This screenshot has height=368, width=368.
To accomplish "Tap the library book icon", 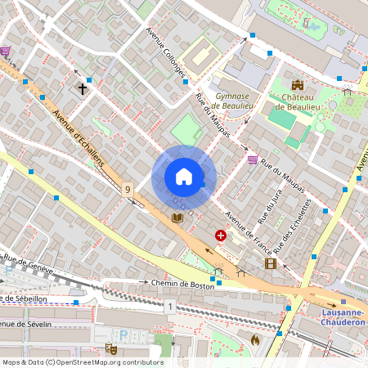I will point(177,218).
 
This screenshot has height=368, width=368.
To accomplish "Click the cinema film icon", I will point(270,263).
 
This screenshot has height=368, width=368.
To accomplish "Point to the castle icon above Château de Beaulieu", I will point(298,84).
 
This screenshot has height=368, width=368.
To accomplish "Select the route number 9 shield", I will point(127,190).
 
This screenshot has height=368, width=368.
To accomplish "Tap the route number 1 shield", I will point(170,307).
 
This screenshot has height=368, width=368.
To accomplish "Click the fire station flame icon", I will point(254,339).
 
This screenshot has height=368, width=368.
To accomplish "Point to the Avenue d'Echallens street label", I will point(79,139).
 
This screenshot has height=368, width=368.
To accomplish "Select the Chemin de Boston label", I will point(182,284).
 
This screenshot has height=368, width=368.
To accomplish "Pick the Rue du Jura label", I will point(263,210).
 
